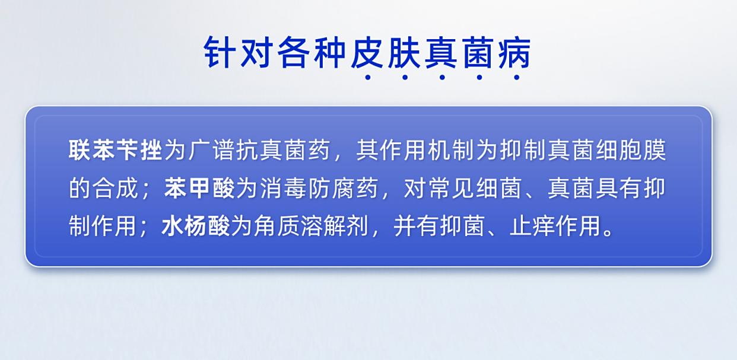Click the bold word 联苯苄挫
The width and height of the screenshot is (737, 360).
(x=115, y=150)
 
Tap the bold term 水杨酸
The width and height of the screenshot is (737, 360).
(x=195, y=226)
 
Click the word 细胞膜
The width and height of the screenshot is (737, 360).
(x=631, y=150)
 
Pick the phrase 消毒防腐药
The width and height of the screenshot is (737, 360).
(x=319, y=189)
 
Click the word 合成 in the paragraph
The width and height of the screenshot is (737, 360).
(x=115, y=189)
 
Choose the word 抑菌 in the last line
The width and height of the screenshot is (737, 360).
(x=462, y=226)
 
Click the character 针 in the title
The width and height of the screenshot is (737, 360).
(x=220, y=53)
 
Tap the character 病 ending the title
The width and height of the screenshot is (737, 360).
(x=514, y=53)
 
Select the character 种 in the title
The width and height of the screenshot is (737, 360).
(x=330, y=53)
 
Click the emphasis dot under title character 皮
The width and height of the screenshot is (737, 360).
(x=368, y=78)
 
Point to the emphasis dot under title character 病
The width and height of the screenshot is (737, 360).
(x=517, y=78)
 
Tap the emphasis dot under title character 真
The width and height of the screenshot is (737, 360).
(x=442, y=78)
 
